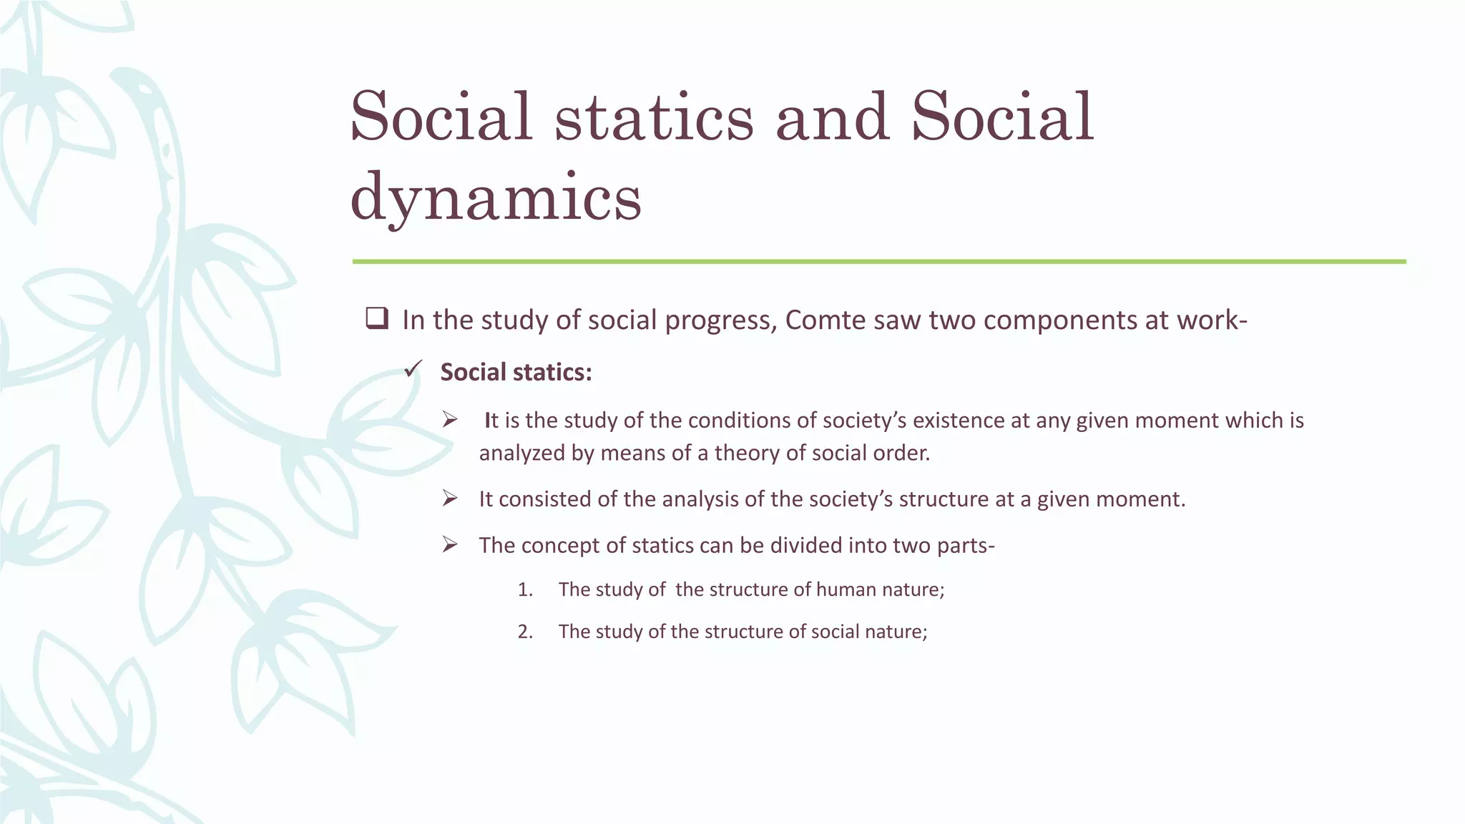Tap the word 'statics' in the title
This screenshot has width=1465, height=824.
coord(654,117)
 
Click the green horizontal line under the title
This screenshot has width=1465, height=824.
coord(878,262)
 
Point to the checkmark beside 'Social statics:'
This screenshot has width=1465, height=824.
coord(413,370)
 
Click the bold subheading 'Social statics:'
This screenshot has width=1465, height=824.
coord(516,372)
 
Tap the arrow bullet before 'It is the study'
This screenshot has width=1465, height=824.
coord(449,419)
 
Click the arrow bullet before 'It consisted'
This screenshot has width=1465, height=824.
coord(449,498)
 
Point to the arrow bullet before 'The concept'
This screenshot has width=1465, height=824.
coord(449,544)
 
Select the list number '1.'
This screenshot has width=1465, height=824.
coord(525,589)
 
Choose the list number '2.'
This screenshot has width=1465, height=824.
coord(525,632)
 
